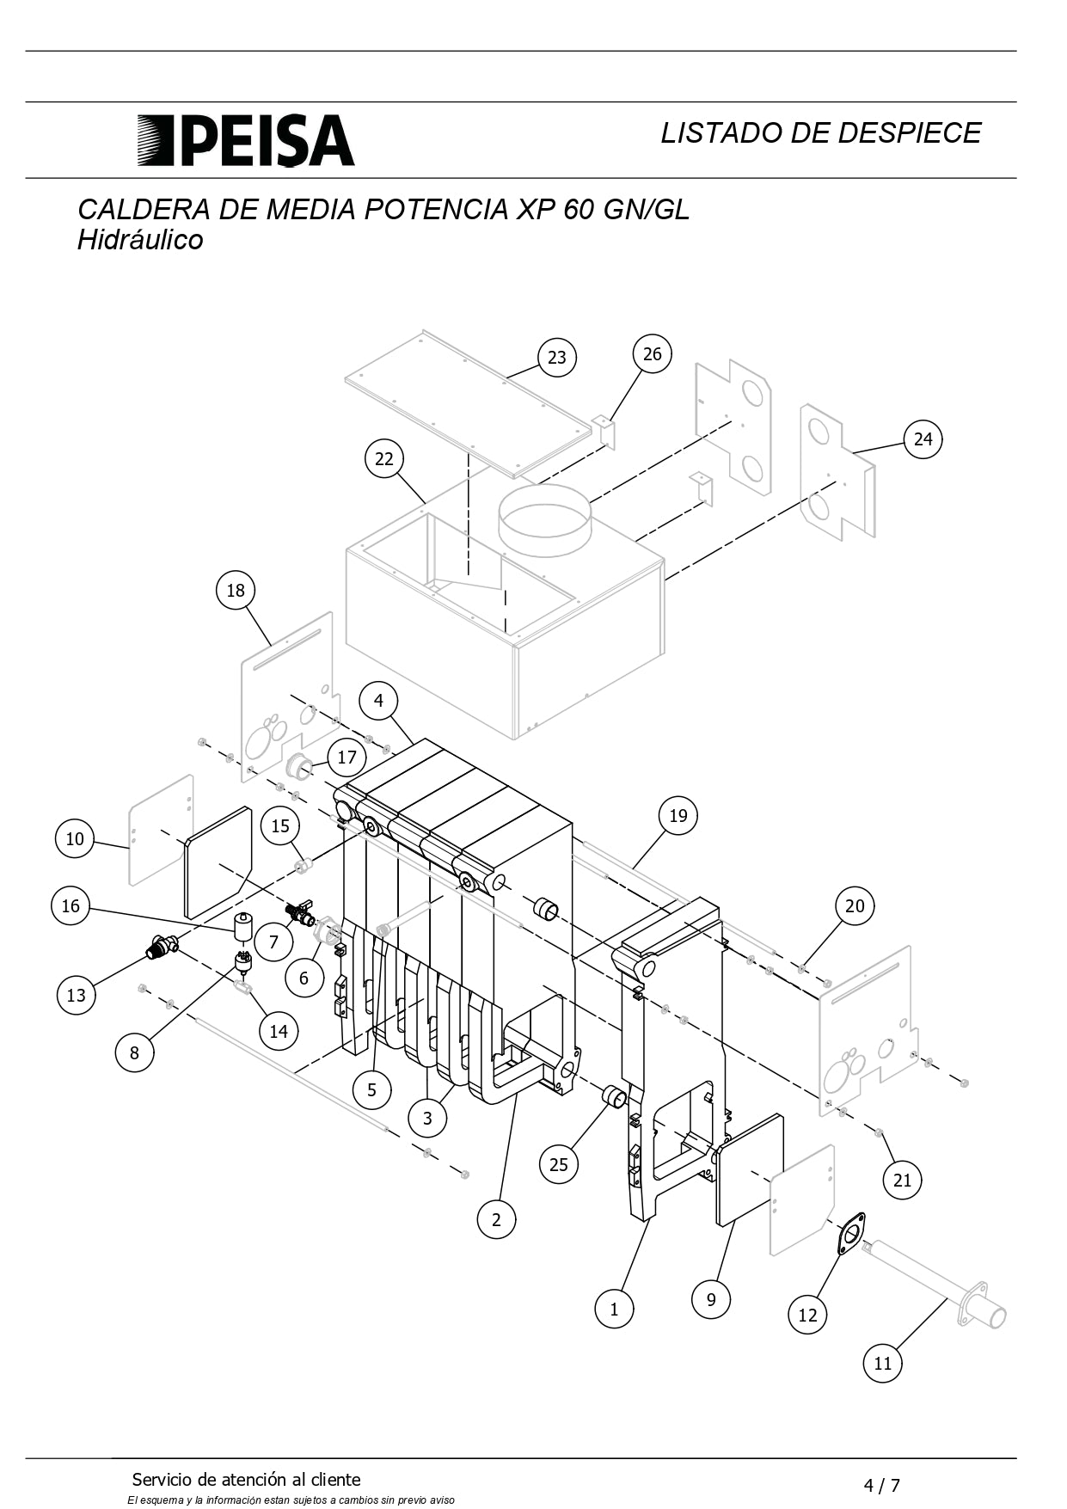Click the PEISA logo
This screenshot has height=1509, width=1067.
pyautogui.click(x=246, y=140)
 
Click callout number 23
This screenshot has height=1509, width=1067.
pyautogui.click(x=557, y=358)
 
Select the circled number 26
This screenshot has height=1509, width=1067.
pyautogui.click(x=653, y=353)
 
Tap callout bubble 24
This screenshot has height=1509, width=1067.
pyautogui.click(x=923, y=439)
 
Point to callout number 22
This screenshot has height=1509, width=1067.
pyautogui.click(x=384, y=459)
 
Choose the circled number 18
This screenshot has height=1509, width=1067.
pyautogui.click(x=236, y=591)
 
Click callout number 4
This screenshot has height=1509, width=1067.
pyautogui.click(x=379, y=701)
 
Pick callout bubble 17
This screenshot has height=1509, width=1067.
pyautogui.click(x=346, y=758)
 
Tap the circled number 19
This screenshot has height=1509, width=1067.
pyautogui.click(x=678, y=815)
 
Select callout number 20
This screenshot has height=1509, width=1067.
pyautogui.click(x=855, y=906)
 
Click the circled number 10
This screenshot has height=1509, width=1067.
pyautogui.click(x=75, y=838)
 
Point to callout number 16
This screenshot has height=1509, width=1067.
pyautogui.click(x=71, y=906)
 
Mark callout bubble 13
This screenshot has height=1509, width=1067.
pyautogui.click(x=76, y=995)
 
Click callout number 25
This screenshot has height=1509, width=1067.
pyautogui.click(x=559, y=1164)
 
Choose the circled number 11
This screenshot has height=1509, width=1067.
pyautogui.click(x=883, y=1363)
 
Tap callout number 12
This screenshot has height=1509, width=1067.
pyautogui.click(x=807, y=1315)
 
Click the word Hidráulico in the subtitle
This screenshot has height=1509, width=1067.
pyautogui.click(x=140, y=240)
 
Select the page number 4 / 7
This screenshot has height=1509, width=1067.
pyautogui.click(x=881, y=1485)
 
